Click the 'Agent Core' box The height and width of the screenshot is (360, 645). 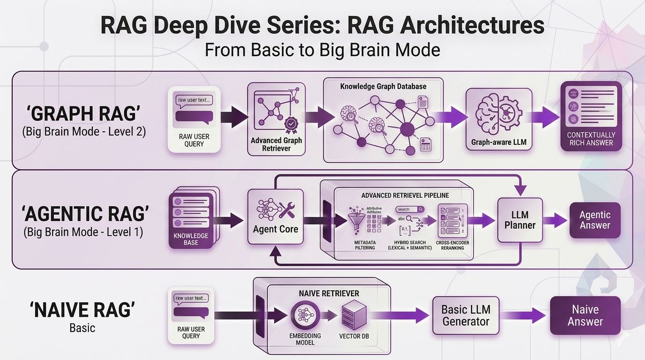[275, 217]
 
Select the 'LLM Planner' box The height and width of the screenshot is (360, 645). [519, 220]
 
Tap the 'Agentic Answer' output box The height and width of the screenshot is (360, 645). [594, 220]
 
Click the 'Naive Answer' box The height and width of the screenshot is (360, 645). [585, 315]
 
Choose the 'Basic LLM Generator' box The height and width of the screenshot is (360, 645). [465, 315]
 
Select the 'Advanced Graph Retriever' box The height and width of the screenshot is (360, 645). [276, 119]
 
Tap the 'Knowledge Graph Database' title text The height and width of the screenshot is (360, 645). [383, 87]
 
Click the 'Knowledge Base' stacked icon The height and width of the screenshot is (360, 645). [191, 218]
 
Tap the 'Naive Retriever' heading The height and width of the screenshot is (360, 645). [329, 293]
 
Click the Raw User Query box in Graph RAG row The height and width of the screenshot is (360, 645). [194, 119]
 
